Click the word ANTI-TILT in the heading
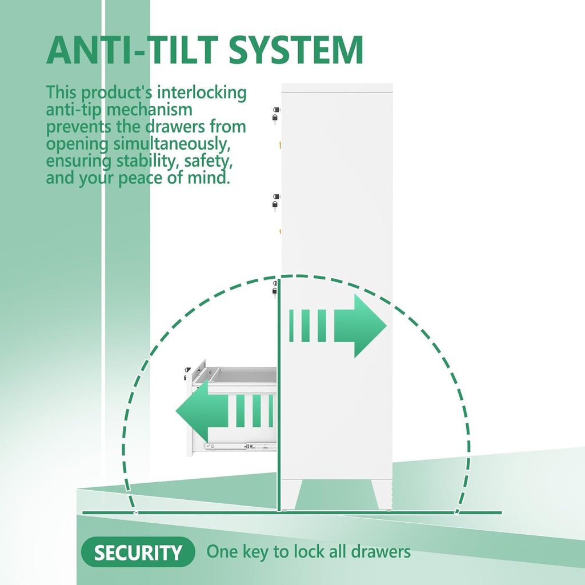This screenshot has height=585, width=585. pos(133,50)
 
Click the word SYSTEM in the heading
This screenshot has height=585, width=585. pos(296,50)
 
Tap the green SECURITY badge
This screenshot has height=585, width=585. pos(138,552)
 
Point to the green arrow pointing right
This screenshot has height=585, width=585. pos(338,326)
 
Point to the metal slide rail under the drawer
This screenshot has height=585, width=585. pos(241,446)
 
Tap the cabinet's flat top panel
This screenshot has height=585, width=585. pos(337,87)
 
